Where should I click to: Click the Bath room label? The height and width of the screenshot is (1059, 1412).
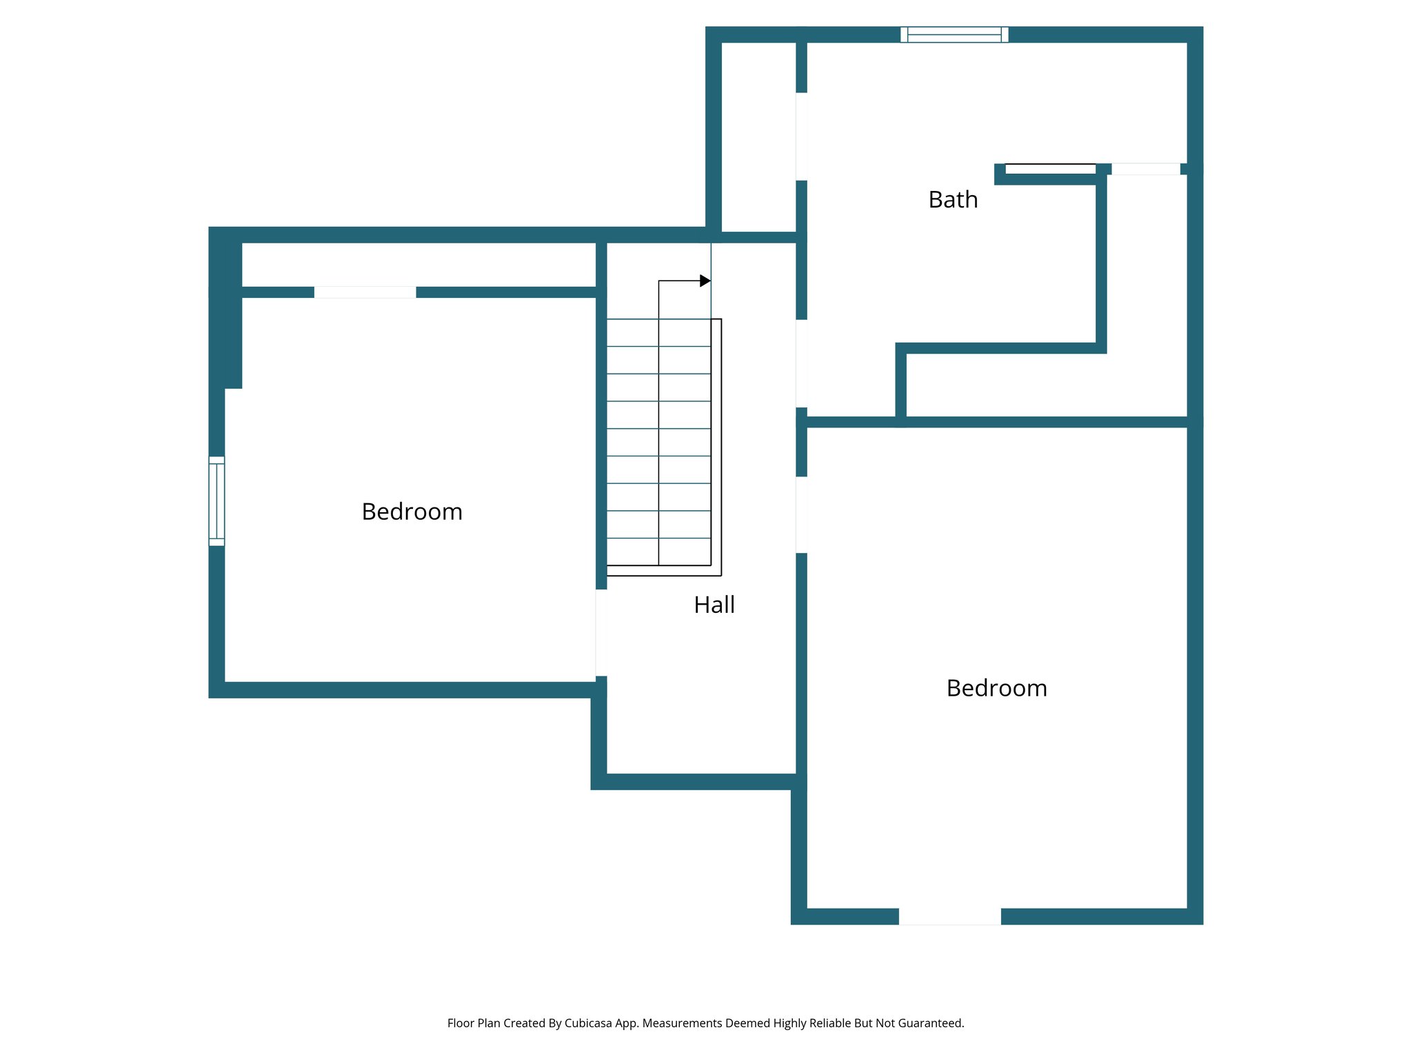click(953, 200)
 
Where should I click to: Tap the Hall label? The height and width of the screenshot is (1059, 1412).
click(714, 605)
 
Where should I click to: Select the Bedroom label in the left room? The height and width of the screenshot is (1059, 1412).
click(412, 512)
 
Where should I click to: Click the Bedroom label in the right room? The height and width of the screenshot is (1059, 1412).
click(996, 688)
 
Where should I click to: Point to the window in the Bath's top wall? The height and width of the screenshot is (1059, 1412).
click(954, 34)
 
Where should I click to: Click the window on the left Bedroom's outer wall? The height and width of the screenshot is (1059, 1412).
click(216, 501)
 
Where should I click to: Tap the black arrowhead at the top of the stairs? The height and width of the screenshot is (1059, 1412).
click(705, 281)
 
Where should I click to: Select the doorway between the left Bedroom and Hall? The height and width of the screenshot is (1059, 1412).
click(601, 633)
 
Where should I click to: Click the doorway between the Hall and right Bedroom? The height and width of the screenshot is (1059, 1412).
click(801, 515)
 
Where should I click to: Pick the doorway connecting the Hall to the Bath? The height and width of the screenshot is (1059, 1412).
click(801, 363)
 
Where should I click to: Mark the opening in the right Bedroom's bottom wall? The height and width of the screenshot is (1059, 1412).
click(949, 916)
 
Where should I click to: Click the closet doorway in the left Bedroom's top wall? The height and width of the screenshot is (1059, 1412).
click(365, 292)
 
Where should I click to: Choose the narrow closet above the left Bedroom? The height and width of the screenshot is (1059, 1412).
click(418, 265)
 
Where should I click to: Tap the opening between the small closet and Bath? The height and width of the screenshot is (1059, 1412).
click(801, 137)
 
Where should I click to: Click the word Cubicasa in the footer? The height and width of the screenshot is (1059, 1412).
click(587, 1023)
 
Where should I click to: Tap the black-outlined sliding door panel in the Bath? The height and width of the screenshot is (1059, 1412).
click(1050, 169)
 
